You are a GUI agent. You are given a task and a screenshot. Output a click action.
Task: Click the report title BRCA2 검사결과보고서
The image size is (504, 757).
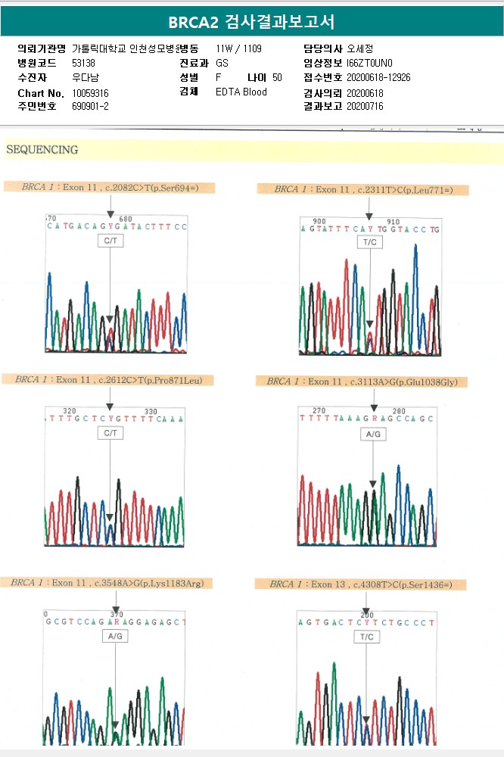click(x=251, y=21)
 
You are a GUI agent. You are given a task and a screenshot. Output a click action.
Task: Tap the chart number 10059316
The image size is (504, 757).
click(x=90, y=92)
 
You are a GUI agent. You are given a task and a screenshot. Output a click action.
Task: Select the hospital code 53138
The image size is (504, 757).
click(x=83, y=63)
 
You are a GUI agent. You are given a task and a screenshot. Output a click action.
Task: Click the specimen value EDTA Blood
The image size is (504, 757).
click(x=241, y=92)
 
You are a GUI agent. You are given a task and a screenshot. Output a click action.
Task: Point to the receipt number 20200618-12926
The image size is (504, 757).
click(x=378, y=77)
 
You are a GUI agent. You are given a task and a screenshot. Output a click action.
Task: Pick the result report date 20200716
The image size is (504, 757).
click(x=365, y=107)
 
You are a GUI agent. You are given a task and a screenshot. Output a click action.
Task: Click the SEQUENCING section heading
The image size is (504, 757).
click(x=42, y=150)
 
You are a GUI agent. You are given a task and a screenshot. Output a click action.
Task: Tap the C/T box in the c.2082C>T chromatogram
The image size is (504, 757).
click(x=110, y=241)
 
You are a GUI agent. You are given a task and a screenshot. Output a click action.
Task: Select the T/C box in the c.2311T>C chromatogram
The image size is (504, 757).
click(x=369, y=241)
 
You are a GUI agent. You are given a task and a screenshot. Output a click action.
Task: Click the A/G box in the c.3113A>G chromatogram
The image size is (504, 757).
click(x=373, y=435)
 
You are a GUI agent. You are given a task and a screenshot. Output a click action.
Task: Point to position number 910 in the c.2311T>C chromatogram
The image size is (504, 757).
click(x=393, y=222)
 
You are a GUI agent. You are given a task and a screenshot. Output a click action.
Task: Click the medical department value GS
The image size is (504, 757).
click(x=222, y=63)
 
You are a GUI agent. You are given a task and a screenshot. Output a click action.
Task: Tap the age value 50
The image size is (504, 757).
click(x=277, y=77)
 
